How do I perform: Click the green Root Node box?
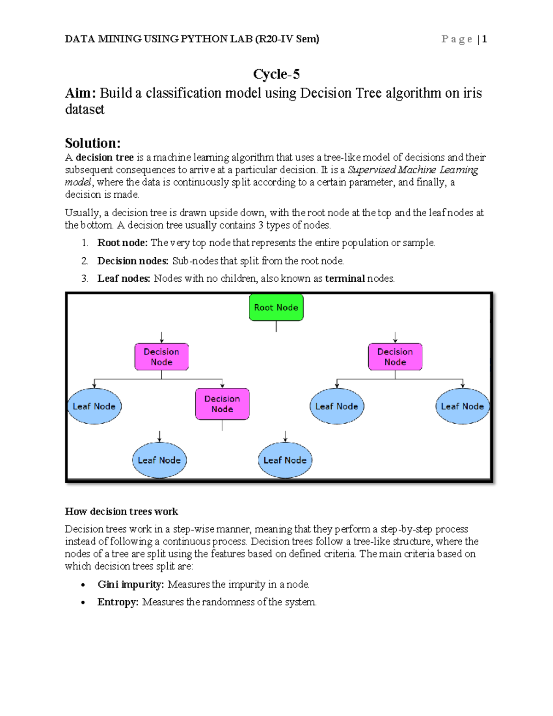276,308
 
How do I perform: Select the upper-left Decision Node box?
161,357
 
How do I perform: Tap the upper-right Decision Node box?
395,357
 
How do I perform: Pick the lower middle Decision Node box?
222,404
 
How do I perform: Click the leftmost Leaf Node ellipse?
94,406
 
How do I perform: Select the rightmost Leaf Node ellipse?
462,406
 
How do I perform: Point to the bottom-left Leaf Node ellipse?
159,460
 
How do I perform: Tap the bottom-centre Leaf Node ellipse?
285,460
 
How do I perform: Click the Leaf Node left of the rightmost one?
336,406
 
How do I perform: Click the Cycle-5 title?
276,74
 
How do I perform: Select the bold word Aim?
80,93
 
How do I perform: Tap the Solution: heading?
93,143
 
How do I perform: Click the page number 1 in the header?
484,39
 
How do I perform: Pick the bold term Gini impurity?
130,585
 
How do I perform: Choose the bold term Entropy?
118,602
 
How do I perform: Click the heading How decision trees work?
121,511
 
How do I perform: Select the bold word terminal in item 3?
345,278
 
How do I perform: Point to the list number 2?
84,261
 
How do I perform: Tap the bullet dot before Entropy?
83,603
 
